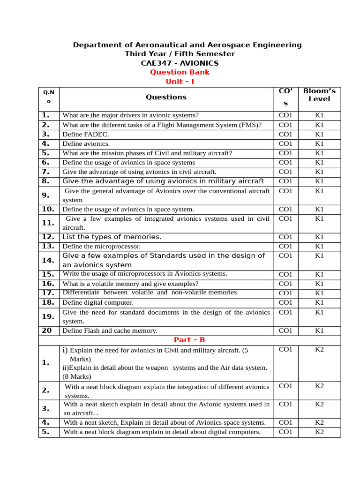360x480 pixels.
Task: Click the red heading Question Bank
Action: click(180, 72)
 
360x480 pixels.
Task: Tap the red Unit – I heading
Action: click(180, 82)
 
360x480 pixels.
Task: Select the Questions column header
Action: click(166, 97)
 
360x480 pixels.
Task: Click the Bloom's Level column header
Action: click(319, 95)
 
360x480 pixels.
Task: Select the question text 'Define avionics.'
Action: click(86, 143)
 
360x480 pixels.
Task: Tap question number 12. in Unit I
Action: click(48, 237)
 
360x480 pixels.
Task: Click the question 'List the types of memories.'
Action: click(112, 237)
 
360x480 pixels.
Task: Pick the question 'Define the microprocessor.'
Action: click(101, 246)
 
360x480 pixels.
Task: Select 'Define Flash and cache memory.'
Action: click(110, 330)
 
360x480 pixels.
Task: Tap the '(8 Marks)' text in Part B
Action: click(77, 376)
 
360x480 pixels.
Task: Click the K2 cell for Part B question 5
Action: click(319, 432)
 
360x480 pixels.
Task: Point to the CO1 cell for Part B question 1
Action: click(285, 349)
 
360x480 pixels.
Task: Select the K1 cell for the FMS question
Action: click(319, 125)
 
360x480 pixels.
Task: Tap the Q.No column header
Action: click(48, 97)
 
